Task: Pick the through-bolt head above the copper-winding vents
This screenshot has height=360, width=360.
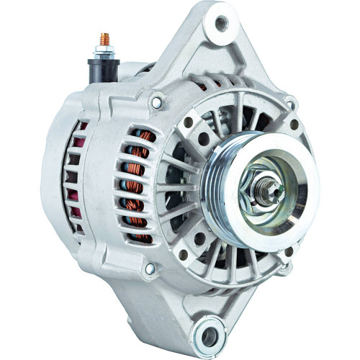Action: [156, 103]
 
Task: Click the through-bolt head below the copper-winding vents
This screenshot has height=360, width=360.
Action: [150, 269]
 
